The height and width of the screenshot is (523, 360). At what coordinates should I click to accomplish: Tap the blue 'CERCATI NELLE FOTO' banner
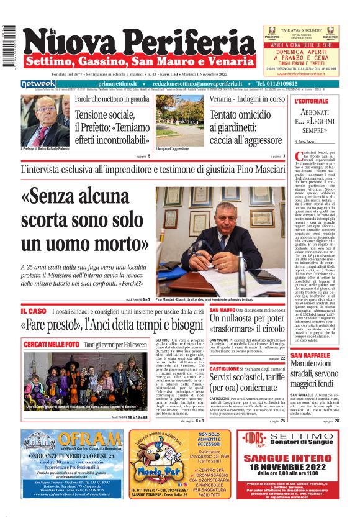point(52,343)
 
